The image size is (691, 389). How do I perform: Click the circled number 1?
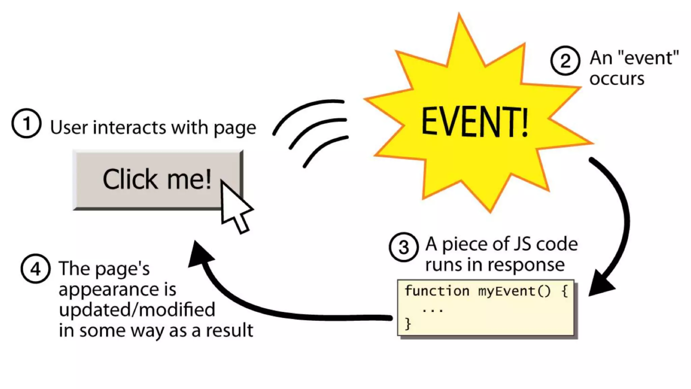(x=26, y=123)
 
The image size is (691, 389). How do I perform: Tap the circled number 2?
(x=565, y=61)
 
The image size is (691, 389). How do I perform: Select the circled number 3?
(x=404, y=247)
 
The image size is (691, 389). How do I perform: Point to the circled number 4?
(x=35, y=269)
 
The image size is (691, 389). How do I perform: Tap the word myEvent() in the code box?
(x=514, y=291)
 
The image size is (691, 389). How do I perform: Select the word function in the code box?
(x=437, y=291)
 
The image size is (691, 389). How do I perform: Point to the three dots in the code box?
(x=433, y=310)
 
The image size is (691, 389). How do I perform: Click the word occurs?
(x=617, y=79)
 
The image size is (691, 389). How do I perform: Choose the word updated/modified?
(x=137, y=310)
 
